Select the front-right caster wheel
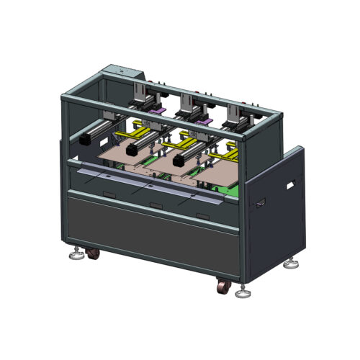222,287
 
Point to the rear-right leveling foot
293,264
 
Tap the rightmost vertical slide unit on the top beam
236,115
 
